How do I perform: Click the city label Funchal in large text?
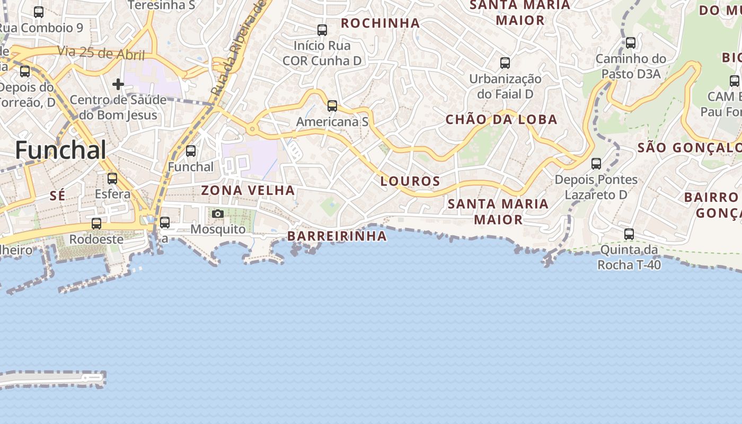click(x=61, y=150)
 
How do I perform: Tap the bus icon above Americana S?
click(x=332, y=106)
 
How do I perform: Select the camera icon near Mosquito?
click(x=217, y=214)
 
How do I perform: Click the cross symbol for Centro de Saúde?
click(x=118, y=84)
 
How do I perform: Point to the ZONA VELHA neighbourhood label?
click(x=248, y=190)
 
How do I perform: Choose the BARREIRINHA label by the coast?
click(x=337, y=236)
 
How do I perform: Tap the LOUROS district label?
click(x=410, y=181)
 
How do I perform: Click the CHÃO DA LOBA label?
click(x=501, y=120)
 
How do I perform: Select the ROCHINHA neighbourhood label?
click(x=380, y=23)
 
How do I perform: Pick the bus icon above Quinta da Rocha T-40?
click(x=629, y=234)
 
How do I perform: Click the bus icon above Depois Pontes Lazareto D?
click(x=596, y=164)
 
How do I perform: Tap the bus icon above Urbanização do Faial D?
click(x=505, y=63)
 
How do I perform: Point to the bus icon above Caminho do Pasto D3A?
click(x=631, y=43)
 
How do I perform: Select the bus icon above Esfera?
click(x=112, y=179)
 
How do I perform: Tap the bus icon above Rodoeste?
click(x=96, y=224)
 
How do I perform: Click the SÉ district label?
click(x=57, y=196)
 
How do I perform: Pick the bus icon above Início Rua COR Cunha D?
click(x=322, y=30)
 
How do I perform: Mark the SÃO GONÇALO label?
click(x=689, y=147)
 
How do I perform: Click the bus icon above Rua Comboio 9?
click(x=39, y=12)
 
